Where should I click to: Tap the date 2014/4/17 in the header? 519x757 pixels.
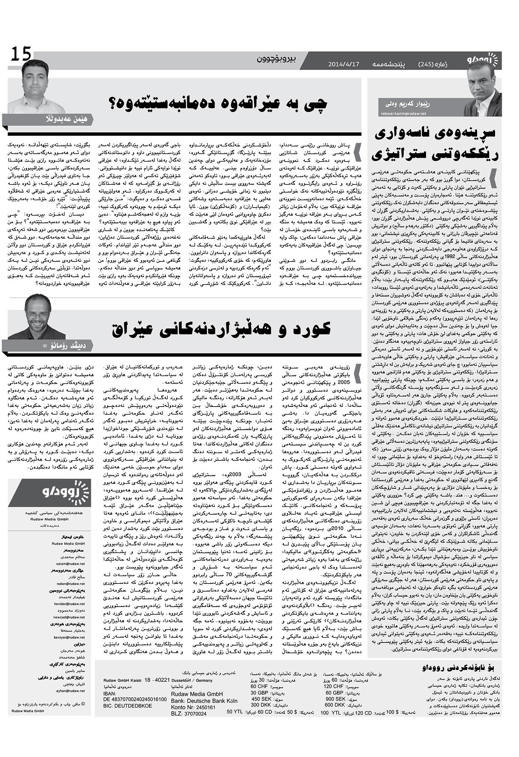pyautogui.click(x=343, y=64)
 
